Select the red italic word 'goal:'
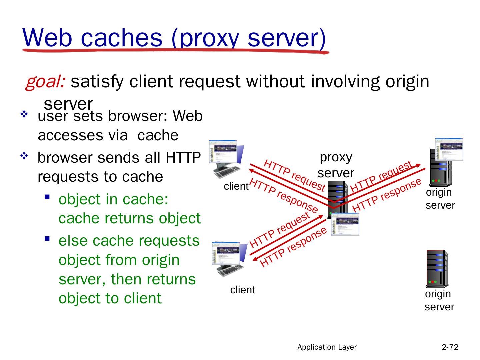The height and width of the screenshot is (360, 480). click(45, 82)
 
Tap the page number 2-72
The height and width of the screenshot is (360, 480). click(450, 347)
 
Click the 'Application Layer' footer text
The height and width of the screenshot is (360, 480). click(327, 347)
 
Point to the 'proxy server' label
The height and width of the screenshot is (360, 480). click(336, 165)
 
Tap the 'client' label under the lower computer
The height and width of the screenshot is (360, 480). click(242, 290)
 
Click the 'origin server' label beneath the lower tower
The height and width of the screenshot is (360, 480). click(439, 300)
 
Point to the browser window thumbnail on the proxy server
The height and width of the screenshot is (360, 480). click(345, 224)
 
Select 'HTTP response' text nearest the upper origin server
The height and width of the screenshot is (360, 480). click(387, 195)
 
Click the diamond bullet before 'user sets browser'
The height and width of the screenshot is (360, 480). click(24, 115)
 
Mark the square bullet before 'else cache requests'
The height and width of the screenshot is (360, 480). click(47, 239)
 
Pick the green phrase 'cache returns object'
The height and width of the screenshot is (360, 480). click(129, 218)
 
